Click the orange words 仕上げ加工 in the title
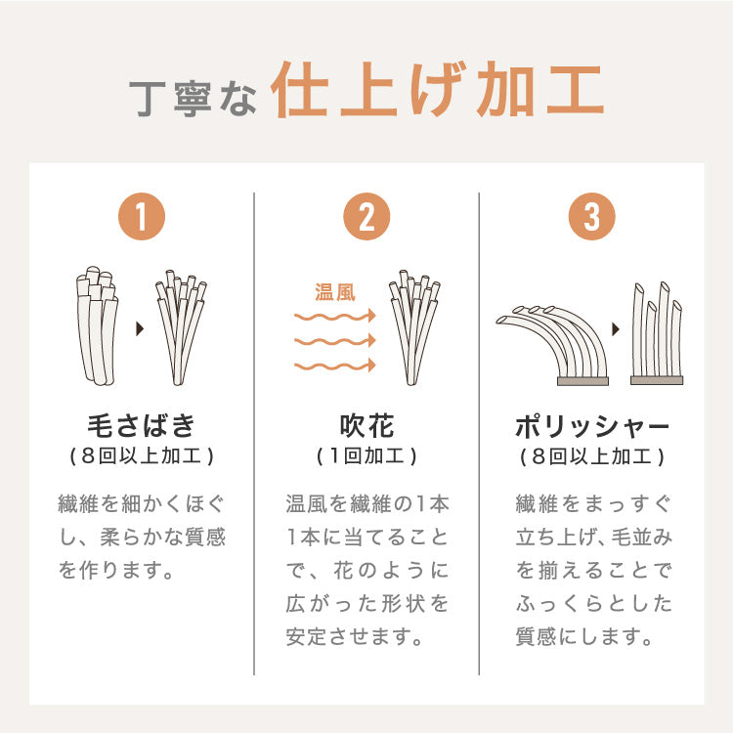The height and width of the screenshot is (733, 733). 437,95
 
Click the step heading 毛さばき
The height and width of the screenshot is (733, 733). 142,426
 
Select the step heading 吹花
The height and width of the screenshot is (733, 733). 366,426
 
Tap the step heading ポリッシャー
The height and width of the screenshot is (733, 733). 591,426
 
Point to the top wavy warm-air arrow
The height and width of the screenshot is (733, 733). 335,317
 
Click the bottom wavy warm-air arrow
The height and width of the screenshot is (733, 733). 335,366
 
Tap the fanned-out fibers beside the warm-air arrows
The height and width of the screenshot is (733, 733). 413,327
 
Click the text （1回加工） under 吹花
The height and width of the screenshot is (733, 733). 366,456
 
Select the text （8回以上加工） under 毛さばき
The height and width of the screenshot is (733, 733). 142,456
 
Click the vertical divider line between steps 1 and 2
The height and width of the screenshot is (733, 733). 254,430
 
